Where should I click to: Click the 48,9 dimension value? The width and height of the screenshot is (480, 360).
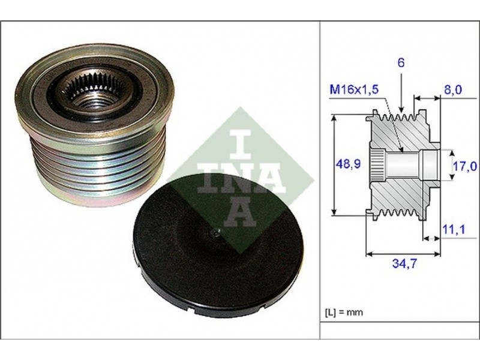[x=349, y=164]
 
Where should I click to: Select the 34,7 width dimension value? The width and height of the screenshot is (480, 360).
[x=404, y=263]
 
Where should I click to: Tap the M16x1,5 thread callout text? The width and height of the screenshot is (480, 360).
[x=354, y=89]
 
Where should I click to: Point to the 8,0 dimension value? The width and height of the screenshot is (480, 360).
[x=452, y=90]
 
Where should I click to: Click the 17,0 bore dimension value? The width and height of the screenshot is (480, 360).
[x=465, y=166]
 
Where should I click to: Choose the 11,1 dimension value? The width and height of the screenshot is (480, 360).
[x=454, y=229]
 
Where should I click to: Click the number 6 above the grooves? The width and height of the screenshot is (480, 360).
[x=401, y=62]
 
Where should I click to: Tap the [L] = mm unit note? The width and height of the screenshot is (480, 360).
[x=343, y=312]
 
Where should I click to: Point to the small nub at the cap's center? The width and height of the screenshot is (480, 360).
[x=215, y=233]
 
